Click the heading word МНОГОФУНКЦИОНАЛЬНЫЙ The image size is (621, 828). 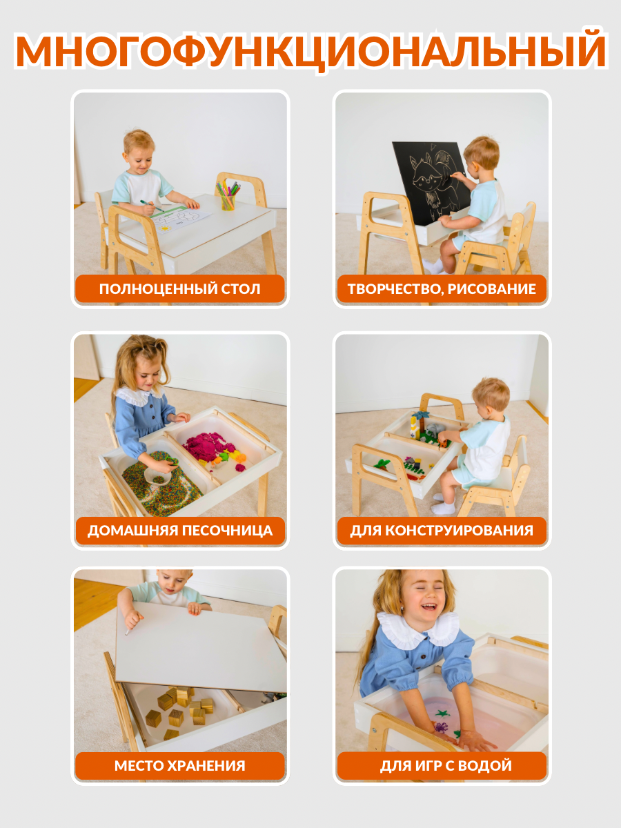[x=310, y=50]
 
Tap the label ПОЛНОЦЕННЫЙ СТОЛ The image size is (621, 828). [x=180, y=289]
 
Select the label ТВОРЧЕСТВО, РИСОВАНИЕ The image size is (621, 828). [x=442, y=289]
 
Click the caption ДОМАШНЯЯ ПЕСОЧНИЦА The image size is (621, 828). [x=180, y=531]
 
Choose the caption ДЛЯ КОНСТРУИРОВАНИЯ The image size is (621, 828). [x=442, y=531]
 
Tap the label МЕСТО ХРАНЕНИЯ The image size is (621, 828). [x=180, y=766]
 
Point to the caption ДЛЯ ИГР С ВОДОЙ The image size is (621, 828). [x=446, y=766]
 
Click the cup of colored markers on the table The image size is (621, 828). [x=228, y=196]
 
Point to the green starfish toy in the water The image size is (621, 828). [x=443, y=713]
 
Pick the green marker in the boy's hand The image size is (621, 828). [x=152, y=205]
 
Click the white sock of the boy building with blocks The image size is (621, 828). [x=444, y=508]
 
